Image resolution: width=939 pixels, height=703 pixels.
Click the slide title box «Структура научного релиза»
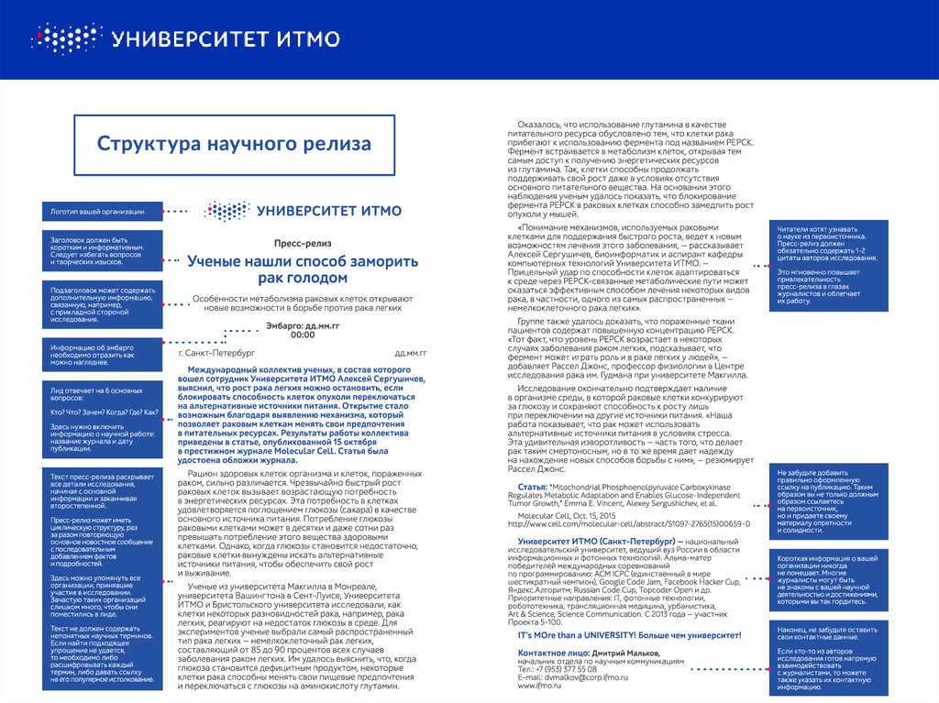234,145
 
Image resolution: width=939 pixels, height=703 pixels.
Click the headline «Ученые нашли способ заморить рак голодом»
303,269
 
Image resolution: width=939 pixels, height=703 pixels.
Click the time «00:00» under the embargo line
303,335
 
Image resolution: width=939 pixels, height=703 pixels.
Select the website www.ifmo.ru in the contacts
539,685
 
